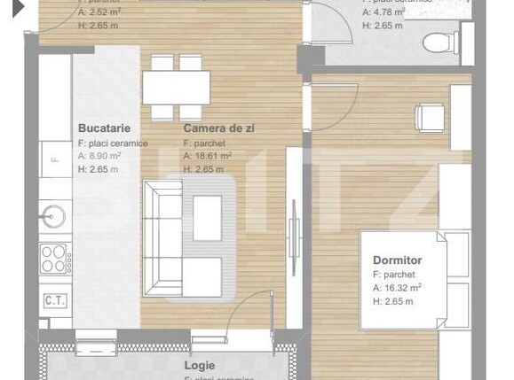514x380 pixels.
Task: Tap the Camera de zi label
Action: point(218,128)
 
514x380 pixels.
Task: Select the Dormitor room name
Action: point(397,260)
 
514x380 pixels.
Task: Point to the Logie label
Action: point(199,364)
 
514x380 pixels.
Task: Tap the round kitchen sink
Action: point(51,217)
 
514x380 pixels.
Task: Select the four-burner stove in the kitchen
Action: point(53,259)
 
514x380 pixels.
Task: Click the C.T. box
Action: point(54,300)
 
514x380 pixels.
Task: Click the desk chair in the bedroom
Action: point(431,116)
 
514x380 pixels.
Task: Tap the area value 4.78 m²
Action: point(388,13)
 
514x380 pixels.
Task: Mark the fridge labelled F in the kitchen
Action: point(54,159)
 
